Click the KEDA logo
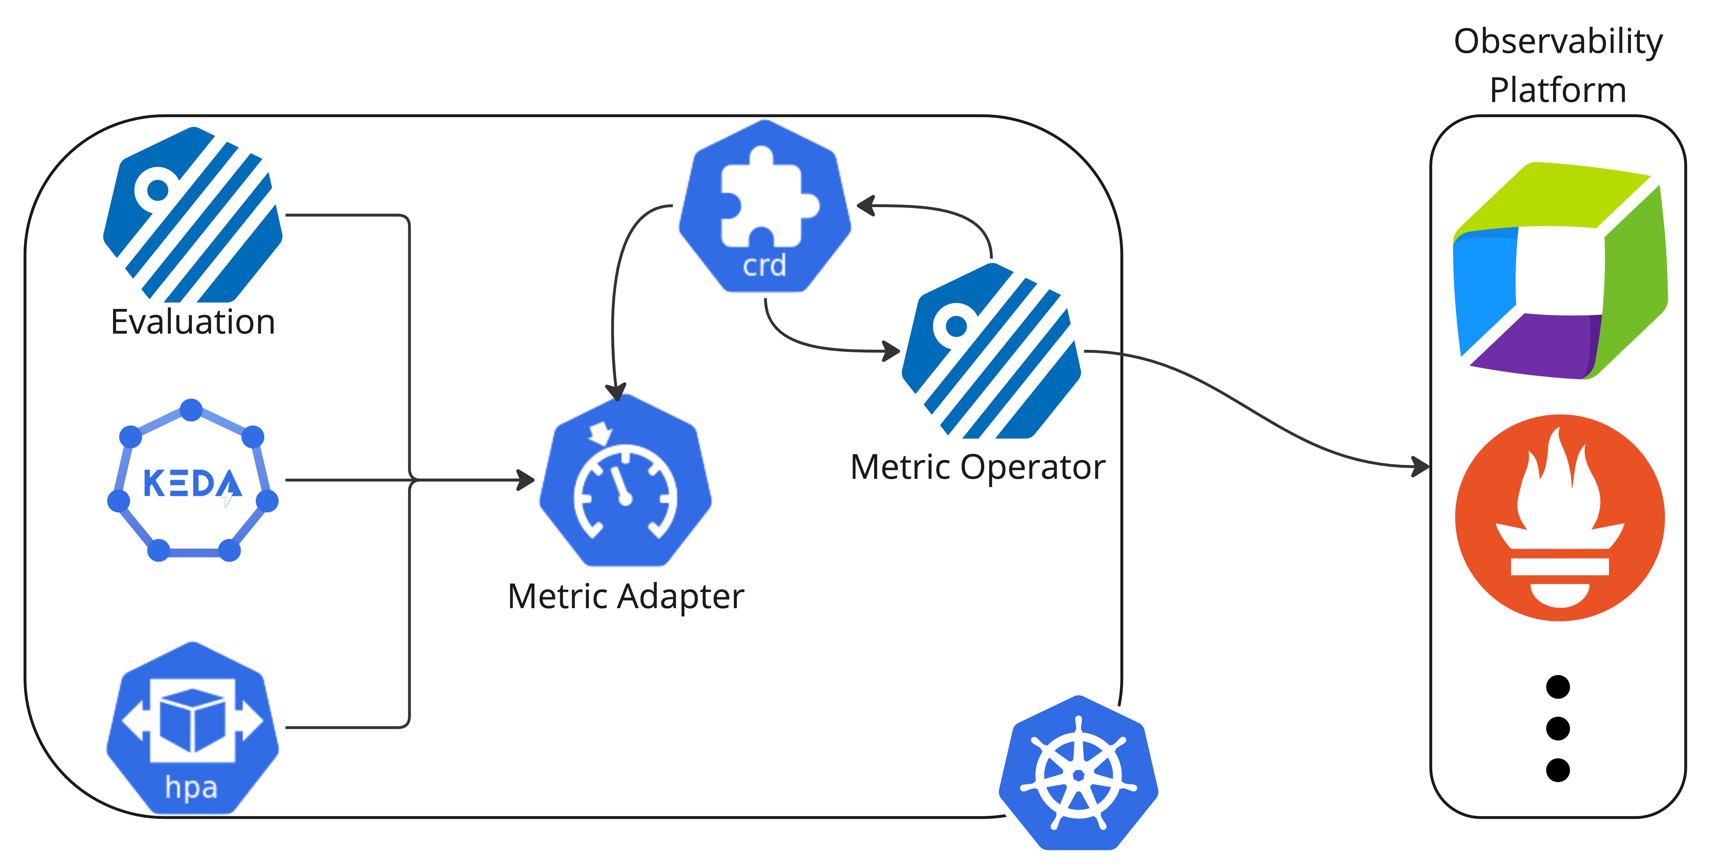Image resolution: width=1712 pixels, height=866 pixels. [192, 481]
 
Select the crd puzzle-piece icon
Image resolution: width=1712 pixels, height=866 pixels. [764, 206]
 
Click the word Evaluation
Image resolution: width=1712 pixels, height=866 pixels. [193, 322]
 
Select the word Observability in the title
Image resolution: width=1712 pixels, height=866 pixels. [1558, 41]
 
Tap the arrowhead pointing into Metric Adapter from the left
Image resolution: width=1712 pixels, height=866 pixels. [526, 480]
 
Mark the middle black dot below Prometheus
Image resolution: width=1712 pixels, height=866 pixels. [1558, 728]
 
